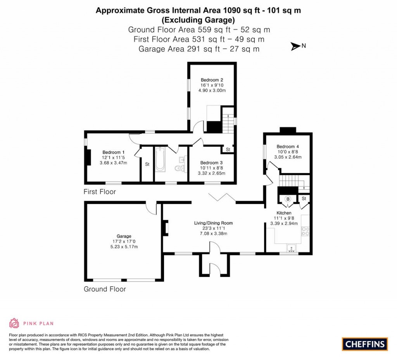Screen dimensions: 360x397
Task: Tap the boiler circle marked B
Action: [x=288, y=199]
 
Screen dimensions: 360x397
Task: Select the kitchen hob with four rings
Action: [x=306, y=232]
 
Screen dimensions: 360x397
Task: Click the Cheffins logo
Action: [x=365, y=344]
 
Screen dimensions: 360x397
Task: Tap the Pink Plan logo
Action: [x=31, y=323]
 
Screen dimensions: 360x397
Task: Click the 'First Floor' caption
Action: [x=100, y=192]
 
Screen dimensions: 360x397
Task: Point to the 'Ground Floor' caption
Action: [x=105, y=289]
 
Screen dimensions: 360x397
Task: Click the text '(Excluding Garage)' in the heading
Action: [x=198, y=20]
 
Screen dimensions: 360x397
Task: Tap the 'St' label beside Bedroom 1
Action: [x=147, y=164]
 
